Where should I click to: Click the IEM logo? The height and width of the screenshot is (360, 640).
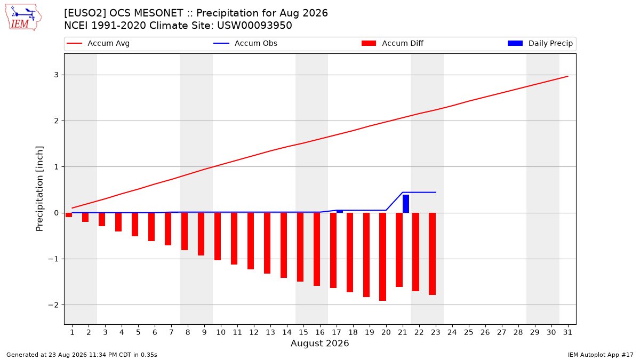click(x=23, y=18)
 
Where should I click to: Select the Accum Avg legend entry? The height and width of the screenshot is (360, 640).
click(x=98, y=43)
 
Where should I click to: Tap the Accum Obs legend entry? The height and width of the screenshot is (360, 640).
click(x=245, y=43)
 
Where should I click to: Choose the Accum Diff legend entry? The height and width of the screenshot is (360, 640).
click(x=393, y=43)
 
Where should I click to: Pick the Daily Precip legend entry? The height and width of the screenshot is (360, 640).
click(x=540, y=43)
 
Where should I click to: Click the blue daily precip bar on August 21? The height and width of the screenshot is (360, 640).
click(x=406, y=204)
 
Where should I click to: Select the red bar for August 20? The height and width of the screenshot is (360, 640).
click(x=382, y=257)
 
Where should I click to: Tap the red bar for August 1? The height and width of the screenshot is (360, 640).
click(x=69, y=215)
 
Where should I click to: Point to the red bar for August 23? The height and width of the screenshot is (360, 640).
click(x=433, y=254)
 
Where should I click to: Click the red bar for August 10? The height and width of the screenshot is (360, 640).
click(x=218, y=237)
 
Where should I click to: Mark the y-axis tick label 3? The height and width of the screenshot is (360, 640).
click(x=57, y=75)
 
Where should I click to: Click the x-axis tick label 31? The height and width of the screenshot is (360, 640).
click(x=567, y=332)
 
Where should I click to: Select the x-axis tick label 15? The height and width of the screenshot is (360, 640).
click(x=303, y=332)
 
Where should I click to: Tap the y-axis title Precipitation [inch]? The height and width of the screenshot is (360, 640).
click(x=39, y=189)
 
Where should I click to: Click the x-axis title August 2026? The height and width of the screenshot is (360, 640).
click(x=319, y=343)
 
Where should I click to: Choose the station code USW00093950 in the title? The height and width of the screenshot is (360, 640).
click(x=254, y=26)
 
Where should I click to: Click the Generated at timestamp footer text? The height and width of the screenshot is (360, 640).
click(x=82, y=355)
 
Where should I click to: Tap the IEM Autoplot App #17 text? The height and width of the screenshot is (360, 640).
click(x=601, y=355)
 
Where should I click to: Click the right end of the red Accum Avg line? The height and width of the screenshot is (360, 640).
click(x=568, y=76)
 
